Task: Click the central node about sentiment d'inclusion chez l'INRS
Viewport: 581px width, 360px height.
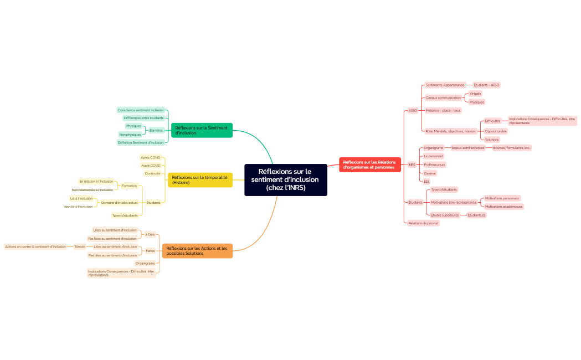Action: tap(285, 179)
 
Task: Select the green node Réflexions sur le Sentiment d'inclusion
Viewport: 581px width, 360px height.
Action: tap(202, 130)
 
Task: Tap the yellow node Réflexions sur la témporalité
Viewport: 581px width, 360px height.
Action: tap(200, 179)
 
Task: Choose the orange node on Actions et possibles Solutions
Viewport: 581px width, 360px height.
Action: tap(197, 250)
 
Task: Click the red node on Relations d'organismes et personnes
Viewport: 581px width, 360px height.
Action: tap(369, 164)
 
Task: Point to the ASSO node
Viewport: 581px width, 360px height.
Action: tap(413, 110)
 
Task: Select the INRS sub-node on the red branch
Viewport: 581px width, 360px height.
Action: tap(412, 164)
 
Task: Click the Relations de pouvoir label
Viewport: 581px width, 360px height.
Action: tap(423, 223)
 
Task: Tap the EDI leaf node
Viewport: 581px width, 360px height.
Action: tap(426, 181)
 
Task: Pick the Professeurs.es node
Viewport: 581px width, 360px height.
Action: tap(434, 164)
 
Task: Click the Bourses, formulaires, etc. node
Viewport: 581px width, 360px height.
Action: tap(512, 148)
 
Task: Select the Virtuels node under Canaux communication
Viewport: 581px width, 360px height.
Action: tap(475, 94)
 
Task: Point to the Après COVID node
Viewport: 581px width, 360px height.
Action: tap(150, 157)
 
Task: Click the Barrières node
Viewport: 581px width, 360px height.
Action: tap(156, 130)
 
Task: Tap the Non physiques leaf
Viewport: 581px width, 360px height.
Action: tap(130, 135)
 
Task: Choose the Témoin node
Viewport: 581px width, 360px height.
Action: tap(80, 246)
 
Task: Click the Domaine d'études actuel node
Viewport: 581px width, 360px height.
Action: tap(119, 203)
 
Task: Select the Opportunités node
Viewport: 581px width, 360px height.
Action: tap(496, 131)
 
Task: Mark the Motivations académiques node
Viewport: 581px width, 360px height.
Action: tap(503, 206)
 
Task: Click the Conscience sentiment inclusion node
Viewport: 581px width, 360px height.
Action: tap(141, 110)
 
